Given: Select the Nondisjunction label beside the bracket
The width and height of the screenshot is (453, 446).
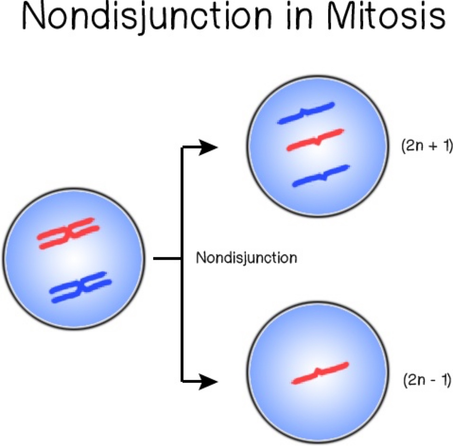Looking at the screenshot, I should [247, 258].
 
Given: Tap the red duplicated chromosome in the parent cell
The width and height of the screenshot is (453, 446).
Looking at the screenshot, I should [68, 233].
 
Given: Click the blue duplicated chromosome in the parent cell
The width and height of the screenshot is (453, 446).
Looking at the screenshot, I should [80, 287].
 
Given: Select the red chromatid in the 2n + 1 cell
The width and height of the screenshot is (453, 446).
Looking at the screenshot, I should [315, 140].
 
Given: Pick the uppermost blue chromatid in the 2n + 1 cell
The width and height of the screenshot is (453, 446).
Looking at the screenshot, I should [306, 113].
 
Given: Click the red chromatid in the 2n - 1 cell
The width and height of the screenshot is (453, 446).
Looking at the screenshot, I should [320, 373].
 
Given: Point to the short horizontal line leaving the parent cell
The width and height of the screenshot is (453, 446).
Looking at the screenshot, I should [166, 259].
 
